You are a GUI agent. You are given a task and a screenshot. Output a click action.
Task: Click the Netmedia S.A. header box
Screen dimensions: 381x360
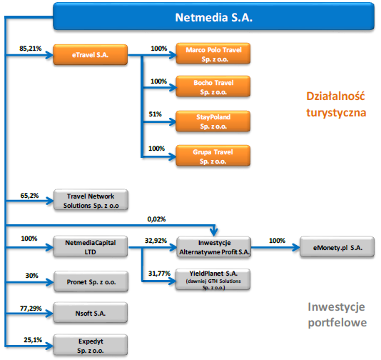coord(213,16)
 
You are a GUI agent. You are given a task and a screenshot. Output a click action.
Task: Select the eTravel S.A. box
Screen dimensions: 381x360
coord(90,55)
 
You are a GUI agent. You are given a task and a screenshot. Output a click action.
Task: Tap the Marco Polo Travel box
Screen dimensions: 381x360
coord(213,54)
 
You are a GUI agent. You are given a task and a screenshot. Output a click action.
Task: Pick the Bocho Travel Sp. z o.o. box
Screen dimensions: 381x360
coord(213,86)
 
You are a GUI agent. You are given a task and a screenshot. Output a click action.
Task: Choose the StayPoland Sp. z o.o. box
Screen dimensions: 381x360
coord(213,121)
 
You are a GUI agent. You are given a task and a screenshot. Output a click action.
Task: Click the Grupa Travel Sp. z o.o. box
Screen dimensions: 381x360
coord(213,156)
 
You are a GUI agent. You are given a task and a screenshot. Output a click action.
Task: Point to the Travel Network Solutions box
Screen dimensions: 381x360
coord(91,200)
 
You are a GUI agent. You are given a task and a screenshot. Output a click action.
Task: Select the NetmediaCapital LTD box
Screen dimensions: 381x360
coord(91,246)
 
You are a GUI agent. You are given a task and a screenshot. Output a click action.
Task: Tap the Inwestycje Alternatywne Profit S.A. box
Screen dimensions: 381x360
coord(214,247)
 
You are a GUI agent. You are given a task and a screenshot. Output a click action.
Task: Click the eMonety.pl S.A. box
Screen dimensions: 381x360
coord(337,246)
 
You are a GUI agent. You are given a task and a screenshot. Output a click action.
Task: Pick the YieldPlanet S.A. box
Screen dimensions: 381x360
coord(213,279)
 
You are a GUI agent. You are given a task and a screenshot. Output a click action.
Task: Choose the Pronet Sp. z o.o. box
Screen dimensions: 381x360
coord(91,281)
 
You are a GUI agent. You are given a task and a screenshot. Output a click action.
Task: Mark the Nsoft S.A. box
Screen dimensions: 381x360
coord(91,313)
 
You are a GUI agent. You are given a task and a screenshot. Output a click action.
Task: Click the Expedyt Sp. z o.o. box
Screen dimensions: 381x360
coord(91,345)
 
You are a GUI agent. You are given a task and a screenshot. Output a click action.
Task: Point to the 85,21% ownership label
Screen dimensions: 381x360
coord(31,49)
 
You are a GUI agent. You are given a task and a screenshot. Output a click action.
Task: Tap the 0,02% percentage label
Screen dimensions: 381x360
coord(156,219)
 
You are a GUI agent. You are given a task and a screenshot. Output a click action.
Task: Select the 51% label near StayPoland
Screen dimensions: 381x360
coord(156,114)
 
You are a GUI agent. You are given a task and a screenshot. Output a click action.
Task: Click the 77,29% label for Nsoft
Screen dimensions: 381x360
coord(31,309)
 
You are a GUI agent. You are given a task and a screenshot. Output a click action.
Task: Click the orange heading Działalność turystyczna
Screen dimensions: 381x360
coord(336,104)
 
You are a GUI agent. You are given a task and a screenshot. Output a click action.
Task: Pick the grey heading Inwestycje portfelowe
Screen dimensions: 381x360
coord(337,315)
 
